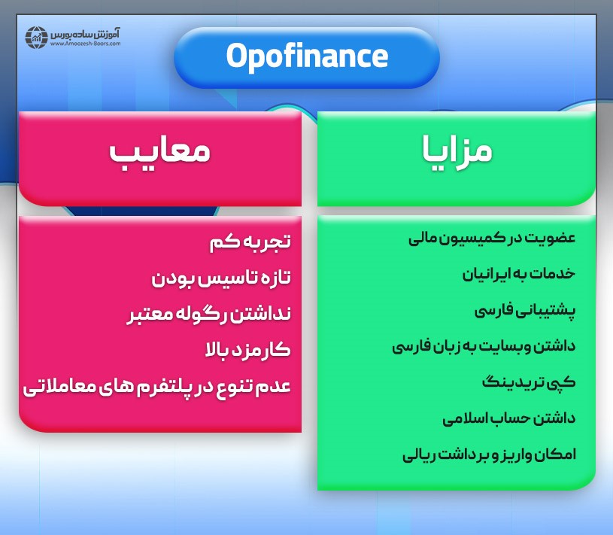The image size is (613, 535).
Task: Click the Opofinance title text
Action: (x=307, y=57)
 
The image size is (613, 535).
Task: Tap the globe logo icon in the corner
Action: (x=36, y=38)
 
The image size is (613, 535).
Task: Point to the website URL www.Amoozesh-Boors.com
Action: (x=85, y=44)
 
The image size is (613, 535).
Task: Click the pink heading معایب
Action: (x=159, y=153)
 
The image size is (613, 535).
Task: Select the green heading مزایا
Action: (x=457, y=150)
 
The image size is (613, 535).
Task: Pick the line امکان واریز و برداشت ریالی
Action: (x=489, y=454)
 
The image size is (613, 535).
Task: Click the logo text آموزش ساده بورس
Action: (x=87, y=34)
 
